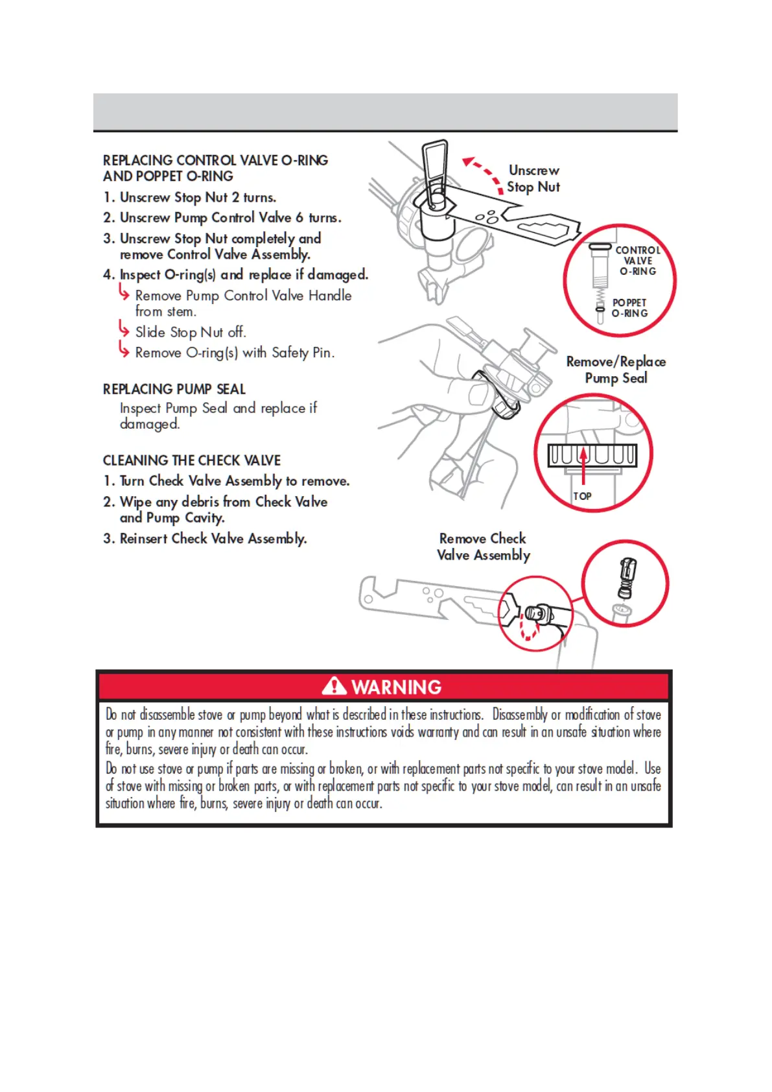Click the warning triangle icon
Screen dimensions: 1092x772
[334, 685]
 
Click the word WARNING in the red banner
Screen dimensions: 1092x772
[396, 687]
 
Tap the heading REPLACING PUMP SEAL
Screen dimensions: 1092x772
[174, 389]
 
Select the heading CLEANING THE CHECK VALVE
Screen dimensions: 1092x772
[191, 460]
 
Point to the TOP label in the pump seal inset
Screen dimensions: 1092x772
[582, 496]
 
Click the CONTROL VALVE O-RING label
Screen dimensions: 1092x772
[637, 261]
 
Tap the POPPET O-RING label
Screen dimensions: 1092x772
[629, 308]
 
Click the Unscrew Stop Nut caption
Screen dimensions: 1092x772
[533, 178]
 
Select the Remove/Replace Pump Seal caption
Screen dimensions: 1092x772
[616, 370]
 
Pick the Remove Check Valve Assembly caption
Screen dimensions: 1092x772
[483, 547]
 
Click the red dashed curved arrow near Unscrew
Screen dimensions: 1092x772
[483, 172]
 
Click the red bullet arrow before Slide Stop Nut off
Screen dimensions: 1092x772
[124, 330]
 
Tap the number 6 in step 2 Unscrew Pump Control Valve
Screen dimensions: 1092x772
[299, 218]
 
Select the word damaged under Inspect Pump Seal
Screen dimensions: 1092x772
[149, 424]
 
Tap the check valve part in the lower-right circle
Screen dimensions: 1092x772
[627, 578]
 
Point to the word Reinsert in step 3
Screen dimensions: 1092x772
[144, 539]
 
